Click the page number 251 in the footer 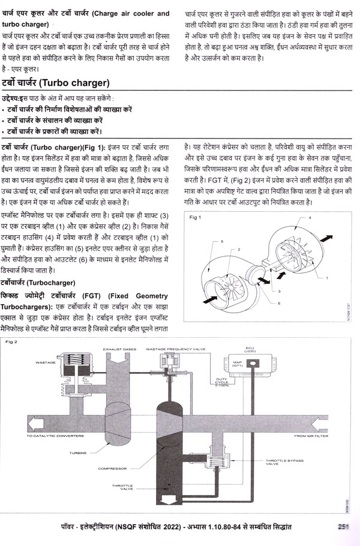[344, 528]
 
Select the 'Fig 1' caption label [196, 217]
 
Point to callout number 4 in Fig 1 [326, 218]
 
